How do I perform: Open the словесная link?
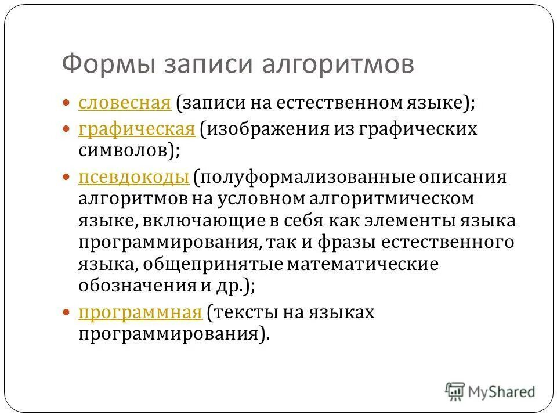pos(124,103)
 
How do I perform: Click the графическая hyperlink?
pos(136,128)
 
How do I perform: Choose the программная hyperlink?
pos(140,312)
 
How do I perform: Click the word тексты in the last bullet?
pos(244,312)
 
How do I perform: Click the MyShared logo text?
pos(502,392)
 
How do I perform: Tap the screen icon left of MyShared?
pos(455,391)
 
